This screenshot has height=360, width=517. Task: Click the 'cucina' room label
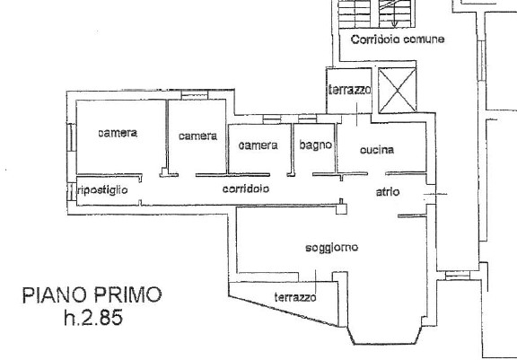point(377,150)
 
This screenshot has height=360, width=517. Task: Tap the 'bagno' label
point(316,145)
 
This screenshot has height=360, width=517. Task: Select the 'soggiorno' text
point(332,248)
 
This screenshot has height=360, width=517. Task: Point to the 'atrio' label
point(388,191)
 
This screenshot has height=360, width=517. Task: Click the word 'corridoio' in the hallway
point(246,189)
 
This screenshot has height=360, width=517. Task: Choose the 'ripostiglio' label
point(102,190)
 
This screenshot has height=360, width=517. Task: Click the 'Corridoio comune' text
point(398,40)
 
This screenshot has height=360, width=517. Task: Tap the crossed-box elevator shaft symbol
point(397,90)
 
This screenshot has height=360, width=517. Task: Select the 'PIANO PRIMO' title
point(92,295)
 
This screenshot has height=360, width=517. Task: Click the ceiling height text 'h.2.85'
point(93,317)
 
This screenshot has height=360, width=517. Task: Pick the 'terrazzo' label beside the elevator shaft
point(349,90)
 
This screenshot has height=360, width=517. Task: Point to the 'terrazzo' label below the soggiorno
point(295,297)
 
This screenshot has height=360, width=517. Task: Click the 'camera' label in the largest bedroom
point(118,133)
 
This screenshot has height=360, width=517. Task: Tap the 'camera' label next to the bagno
point(258,145)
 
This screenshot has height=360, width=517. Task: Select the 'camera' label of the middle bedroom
point(197,136)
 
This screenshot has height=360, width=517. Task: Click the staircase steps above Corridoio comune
point(377,13)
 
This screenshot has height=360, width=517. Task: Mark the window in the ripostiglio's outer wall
point(72,192)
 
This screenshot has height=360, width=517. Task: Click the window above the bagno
point(307,119)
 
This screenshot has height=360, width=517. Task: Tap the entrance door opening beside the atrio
point(431,194)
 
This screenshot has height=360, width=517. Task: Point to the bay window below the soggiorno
point(385,337)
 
